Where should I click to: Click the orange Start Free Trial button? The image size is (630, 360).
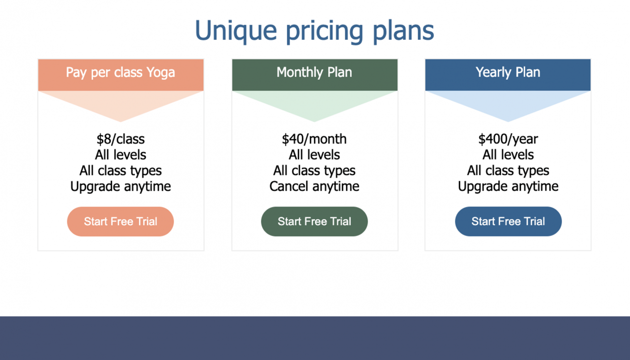pyautogui.click(x=121, y=221)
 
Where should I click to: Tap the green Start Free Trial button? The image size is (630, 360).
pyautogui.click(x=315, y=221)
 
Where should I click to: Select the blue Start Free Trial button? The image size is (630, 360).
pyautogui.click(x=508, y=221)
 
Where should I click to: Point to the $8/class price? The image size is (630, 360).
pyautogui.click(x=121, y=139)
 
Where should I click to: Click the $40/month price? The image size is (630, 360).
pyautogui.click(x=315, y=139)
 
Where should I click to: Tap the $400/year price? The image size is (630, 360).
pyautogui.click(x=508, y=139)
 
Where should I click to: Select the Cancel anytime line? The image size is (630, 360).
pyautogui.click(x=315, y=186)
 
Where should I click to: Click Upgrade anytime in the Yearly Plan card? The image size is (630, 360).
pyautogui.click(x=508, y=186)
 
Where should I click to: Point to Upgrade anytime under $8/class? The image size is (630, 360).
pyautogui.click(x=121, y=186)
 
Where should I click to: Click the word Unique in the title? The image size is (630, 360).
pyautogui.click(x=236, y=31)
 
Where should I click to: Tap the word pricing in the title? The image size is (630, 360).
pyautogui.click(x=324, y=31)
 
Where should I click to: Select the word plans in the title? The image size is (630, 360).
pyautogui.click(x=403, y=31)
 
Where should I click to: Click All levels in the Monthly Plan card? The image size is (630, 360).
pyautogui.click(x=315, y=155)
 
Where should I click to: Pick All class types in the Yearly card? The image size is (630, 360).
pyautogui.click(x=508, y=171)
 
